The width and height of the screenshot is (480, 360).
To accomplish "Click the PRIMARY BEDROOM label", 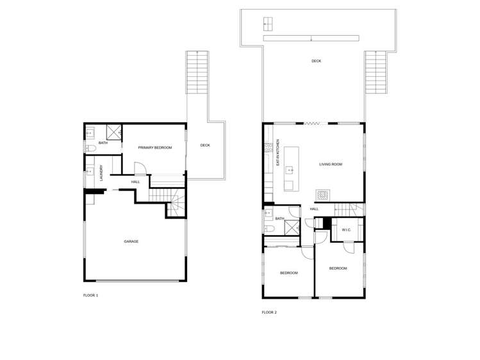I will (x=155, y=148).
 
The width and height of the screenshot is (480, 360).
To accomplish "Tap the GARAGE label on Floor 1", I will (x=131, y=241).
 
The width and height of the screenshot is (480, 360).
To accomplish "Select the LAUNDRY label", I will (x=101, y=174).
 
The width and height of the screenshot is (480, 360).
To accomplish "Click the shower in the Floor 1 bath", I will (x=114, y=133).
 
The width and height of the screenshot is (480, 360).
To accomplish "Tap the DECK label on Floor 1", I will (x=205, y=145).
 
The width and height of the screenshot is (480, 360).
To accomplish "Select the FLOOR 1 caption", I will (x=90, y=295).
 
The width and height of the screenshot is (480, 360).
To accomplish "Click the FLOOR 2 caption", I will (x=269, y=313).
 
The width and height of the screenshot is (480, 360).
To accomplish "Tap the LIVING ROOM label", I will (x=331, y=165).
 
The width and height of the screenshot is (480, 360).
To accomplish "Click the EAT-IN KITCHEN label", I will (x=278, y=153).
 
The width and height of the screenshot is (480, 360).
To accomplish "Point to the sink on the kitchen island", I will (x=290, y=170).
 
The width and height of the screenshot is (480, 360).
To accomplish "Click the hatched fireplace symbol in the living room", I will (x=322, y=194).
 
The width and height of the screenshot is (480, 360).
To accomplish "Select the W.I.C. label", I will (x=346, y=229).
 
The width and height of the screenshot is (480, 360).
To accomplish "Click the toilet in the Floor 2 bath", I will (x=268, y=227).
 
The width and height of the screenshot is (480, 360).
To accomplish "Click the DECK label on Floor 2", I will (x=316, y=61).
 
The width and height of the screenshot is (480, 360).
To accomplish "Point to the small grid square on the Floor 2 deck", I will (x=267, y=24).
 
